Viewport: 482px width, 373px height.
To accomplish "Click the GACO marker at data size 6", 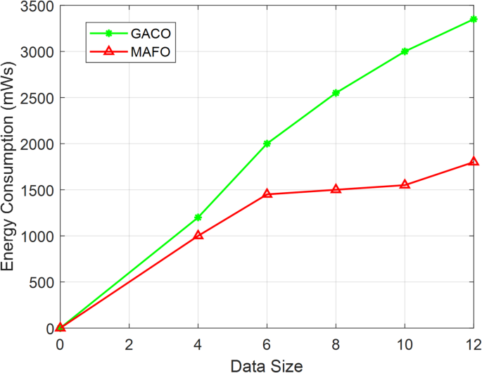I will tap(267, 144).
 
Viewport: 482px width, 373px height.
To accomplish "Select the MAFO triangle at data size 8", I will tap(336, 189).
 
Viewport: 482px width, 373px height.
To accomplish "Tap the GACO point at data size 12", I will tap(474, 19).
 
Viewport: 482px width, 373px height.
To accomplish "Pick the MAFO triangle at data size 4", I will tap(198, 235).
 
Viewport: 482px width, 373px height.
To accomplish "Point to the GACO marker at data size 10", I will tap(405, 51).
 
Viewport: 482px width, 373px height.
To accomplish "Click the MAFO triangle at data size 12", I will tap(474, 162).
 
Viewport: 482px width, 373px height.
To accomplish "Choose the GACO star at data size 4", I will tap(198, 217).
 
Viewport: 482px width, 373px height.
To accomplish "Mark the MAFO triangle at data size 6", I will tap(267, 194).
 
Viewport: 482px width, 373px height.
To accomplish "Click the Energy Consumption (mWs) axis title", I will tap(9, 167).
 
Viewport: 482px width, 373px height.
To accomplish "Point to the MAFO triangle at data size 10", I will tap(405, 184).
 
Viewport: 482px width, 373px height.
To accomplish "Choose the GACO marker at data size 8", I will tap(336, 93).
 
